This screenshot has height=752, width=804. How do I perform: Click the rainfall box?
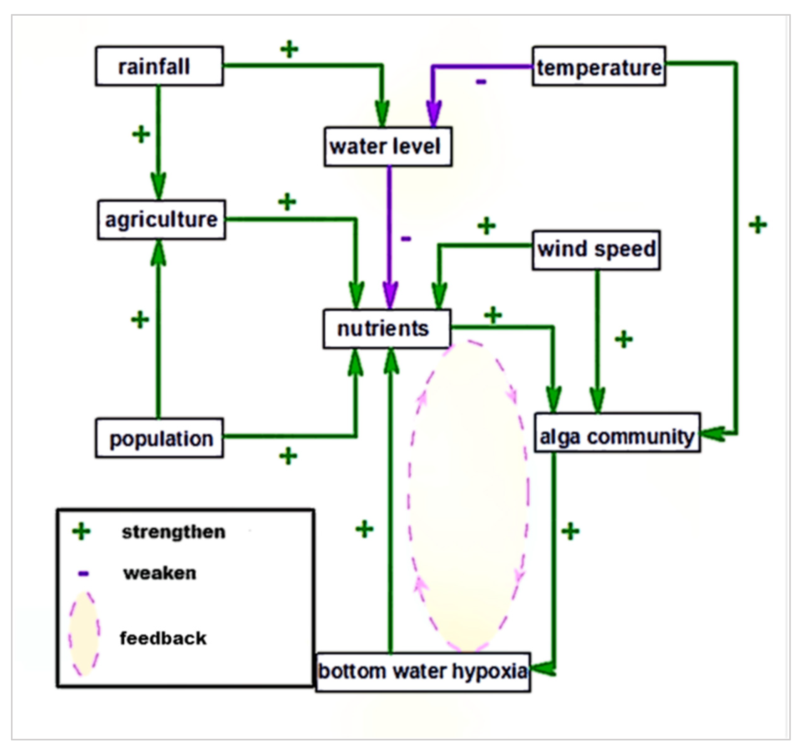(x=159, y=66)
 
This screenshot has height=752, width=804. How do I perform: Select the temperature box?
(x=599, y=66)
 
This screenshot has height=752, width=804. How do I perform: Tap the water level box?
(x=388, y=147)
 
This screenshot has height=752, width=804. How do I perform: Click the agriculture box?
(x=161, y=220)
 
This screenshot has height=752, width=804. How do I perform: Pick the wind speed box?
(x=596, y=250)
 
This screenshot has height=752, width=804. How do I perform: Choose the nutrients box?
(x=386, y=329)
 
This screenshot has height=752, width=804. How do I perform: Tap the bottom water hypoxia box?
(x=423, y=672)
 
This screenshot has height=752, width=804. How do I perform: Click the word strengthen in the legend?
(x=174, y=532)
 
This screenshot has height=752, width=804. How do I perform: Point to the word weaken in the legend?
(x=160, y=573)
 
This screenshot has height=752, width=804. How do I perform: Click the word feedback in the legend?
(x=163, y=638)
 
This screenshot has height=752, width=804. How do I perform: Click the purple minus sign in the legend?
(x=83, y=573)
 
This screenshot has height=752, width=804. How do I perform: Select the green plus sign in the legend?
(x=81, y=531)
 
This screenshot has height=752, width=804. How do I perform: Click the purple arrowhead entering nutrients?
(x=390, y=294)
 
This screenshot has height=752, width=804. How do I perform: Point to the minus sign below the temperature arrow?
(x=480, y=82)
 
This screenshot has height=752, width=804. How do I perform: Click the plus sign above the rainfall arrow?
(x=289, y=49)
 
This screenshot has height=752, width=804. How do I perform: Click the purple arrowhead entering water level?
(x=433, y=113)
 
